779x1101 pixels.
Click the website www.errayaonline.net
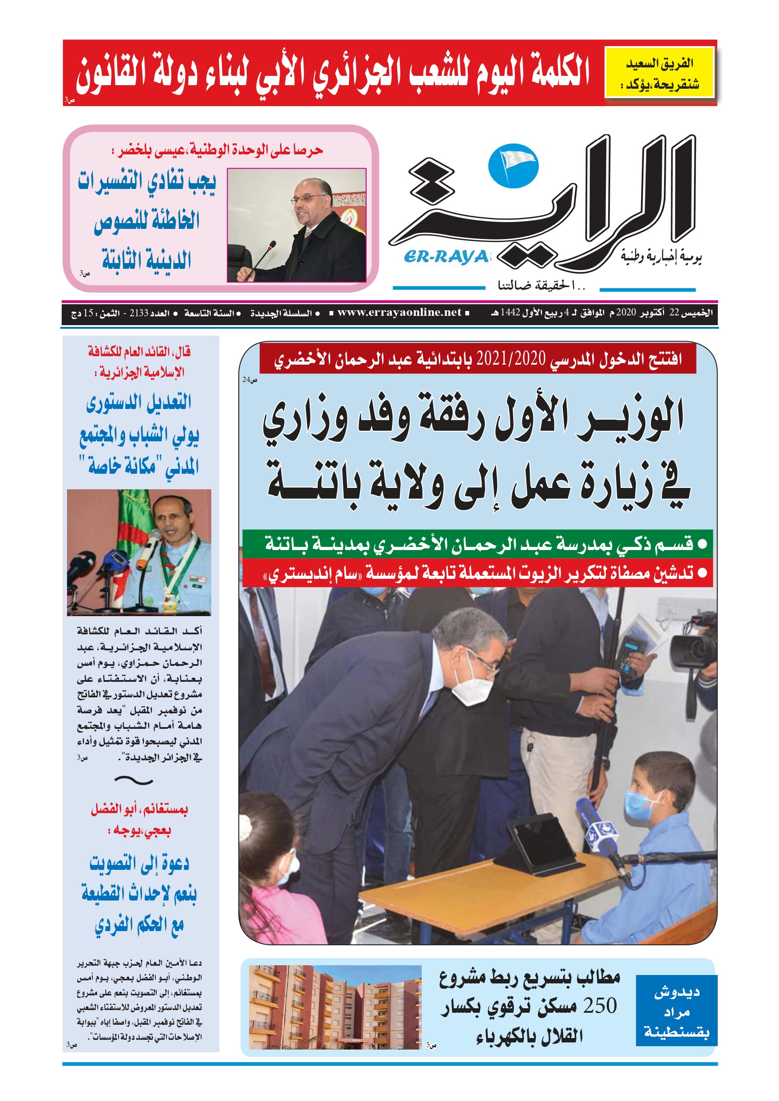tap(399, 313)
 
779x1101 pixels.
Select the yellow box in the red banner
tap(660, 72)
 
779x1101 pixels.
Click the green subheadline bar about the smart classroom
tap(477, 544)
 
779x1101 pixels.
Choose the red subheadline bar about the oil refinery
tap(477, 573)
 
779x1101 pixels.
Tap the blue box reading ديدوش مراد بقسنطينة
tap(676, 1011)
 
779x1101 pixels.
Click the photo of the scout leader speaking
tap(139, 552)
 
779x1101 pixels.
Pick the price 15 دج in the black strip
tap(82, 313)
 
